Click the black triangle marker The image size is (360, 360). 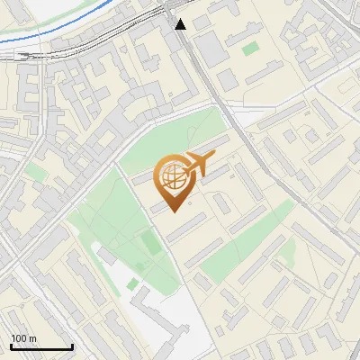click(181, 23)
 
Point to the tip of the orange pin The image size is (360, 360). click(173, 211)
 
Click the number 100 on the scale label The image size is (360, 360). click(18, 338)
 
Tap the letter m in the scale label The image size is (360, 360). click(31, 338)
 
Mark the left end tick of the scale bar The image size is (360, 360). click(10, 346)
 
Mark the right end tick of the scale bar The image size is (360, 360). click(72, 346)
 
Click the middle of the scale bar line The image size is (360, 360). click(40, 347)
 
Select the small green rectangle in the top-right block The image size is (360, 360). click(249, 49)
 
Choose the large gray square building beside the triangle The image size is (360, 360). click(210, 49)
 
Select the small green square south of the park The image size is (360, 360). click(133, 283)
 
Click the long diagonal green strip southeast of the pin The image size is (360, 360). click(243, 238)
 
